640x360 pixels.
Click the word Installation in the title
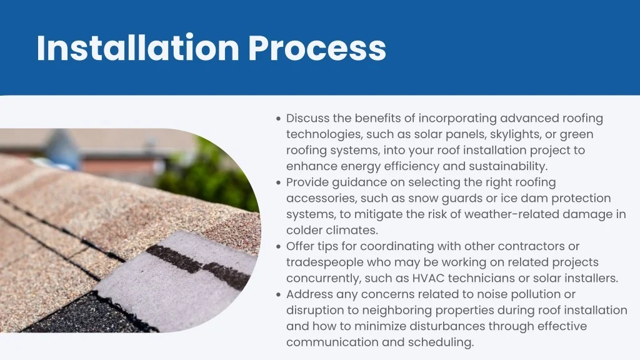[138, 47]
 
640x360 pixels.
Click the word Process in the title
[317, 48]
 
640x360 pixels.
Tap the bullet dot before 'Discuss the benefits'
[278, 119]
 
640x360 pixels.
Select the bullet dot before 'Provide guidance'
[278, 183]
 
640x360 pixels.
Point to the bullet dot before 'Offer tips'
[278, 247]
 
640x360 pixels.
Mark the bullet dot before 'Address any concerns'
[278, 295]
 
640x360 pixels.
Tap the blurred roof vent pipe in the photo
[62, 149]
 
